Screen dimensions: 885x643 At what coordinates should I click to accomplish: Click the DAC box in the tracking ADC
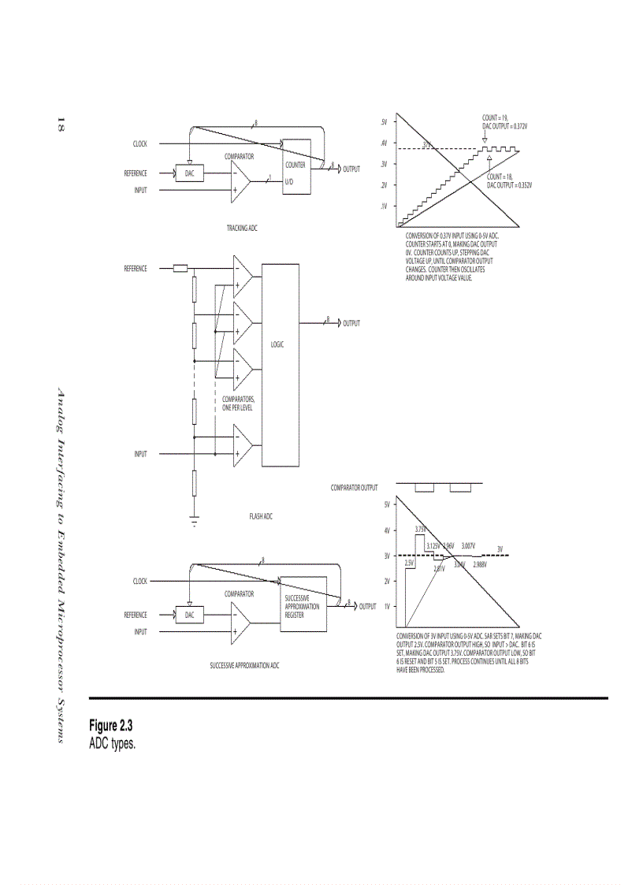189,173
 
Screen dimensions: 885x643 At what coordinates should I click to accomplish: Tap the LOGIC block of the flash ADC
280,345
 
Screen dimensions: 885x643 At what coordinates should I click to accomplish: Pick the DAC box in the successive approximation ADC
189,615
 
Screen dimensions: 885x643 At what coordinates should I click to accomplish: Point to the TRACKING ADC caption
242,228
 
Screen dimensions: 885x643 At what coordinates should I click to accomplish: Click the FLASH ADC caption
261,517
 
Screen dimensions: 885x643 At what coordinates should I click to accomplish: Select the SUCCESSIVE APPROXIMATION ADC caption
244,666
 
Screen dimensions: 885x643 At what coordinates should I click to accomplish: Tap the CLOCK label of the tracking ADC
139,144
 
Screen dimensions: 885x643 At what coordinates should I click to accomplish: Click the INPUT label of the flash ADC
139,454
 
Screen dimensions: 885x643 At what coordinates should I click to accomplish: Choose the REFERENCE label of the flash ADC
135,269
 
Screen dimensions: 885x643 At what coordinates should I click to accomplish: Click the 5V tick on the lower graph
387,504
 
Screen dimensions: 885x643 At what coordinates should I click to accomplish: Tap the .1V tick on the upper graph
384,206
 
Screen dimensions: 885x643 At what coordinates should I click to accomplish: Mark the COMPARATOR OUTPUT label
354,488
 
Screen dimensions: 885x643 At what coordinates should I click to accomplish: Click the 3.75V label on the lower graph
421,529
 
